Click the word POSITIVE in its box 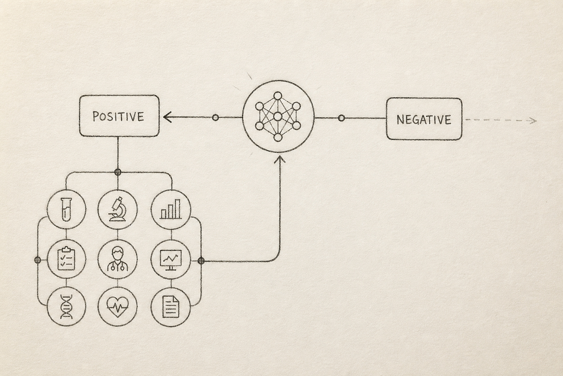tap(118, 116)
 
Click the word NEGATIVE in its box tap(424, 119)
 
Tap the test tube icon tap(67, 209)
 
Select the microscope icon tap(118, 209)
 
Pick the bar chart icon tap(171, 209)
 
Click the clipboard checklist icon tap(67, 259)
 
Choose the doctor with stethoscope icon tap(118, 259)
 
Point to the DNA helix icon tap(67, 307)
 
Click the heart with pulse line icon tap(118, 306)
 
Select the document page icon tap(171, 307)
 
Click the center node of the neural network tap(278, 117)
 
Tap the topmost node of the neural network tap(278, 96)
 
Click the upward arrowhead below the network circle tap(280, 159)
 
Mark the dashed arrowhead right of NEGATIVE tap(533, 120)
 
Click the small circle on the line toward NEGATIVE tap(341, 118)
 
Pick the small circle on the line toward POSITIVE tap(215, 118)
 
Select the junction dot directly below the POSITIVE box tap(118, 172)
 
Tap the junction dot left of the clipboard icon tap(38, 260)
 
